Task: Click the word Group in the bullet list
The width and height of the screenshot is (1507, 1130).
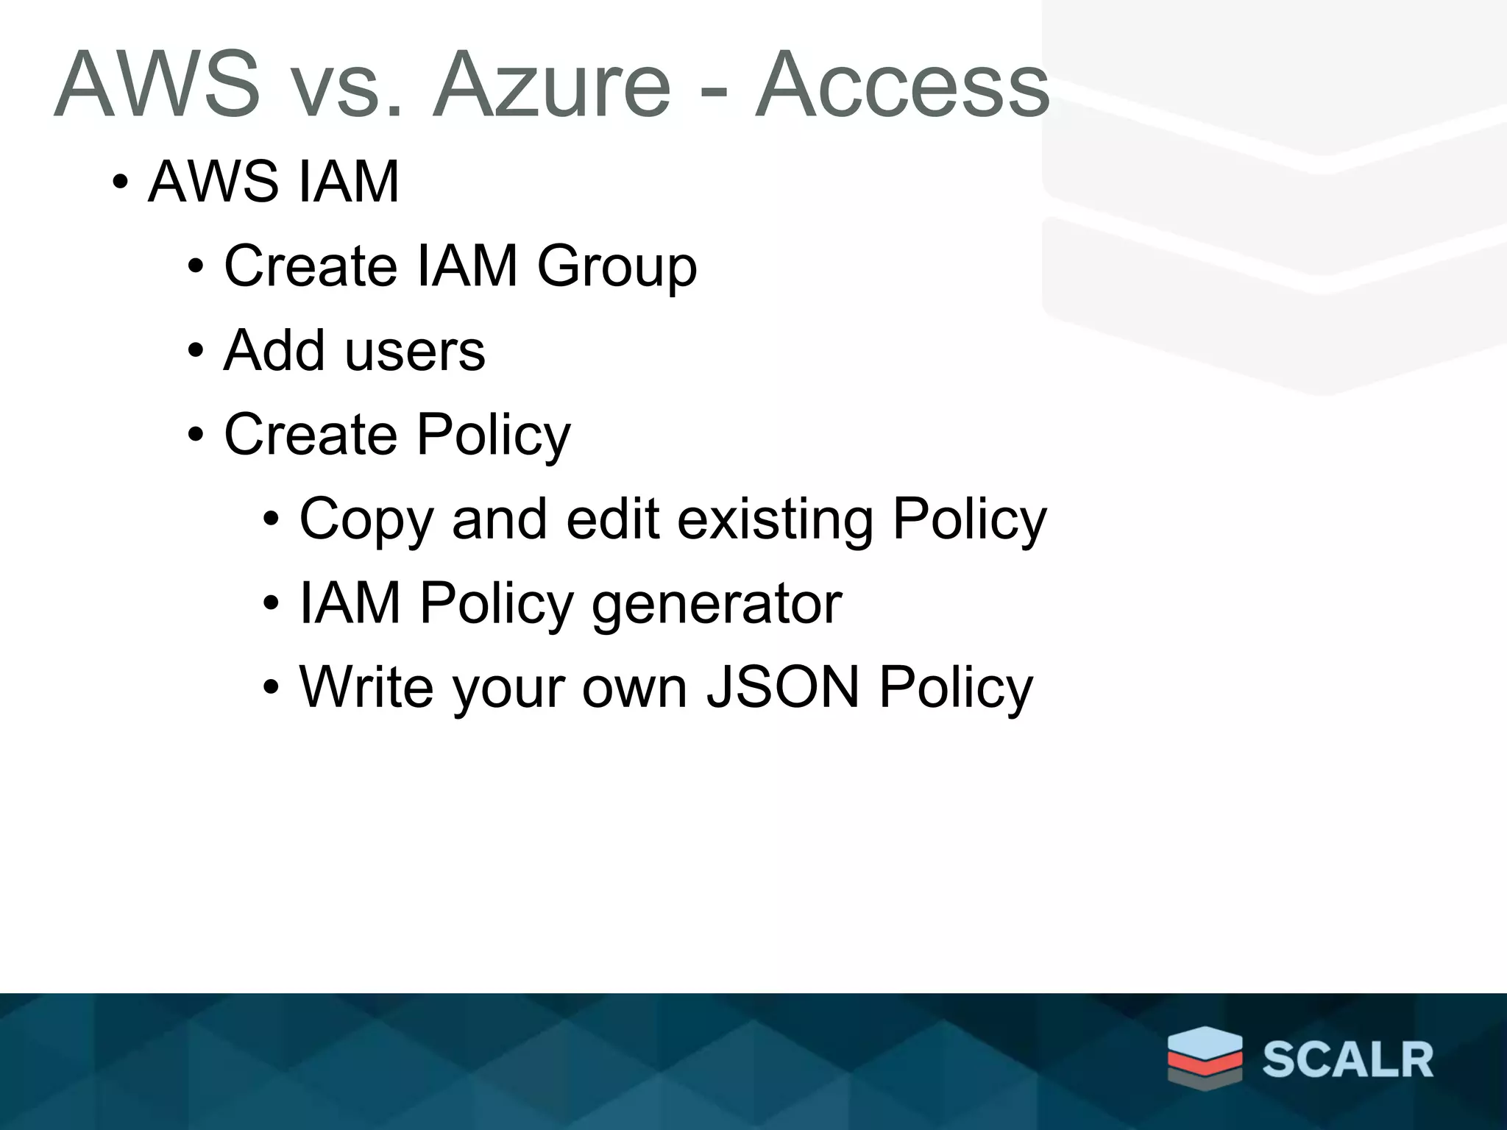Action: [617, 267]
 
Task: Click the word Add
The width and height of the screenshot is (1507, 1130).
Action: [274, 350]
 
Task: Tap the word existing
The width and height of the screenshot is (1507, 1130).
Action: [775, 519]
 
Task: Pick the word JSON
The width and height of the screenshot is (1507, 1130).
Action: [783, 687]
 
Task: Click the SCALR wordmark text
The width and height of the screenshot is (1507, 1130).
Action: [1348, 1060]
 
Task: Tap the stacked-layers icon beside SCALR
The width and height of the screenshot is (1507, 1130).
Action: [1205, 1056]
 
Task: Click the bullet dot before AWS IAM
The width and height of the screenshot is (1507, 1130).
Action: [121, 182]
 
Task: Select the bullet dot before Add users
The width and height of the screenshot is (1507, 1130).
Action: [195, 351]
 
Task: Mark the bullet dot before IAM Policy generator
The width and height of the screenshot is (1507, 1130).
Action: [271, 604]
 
